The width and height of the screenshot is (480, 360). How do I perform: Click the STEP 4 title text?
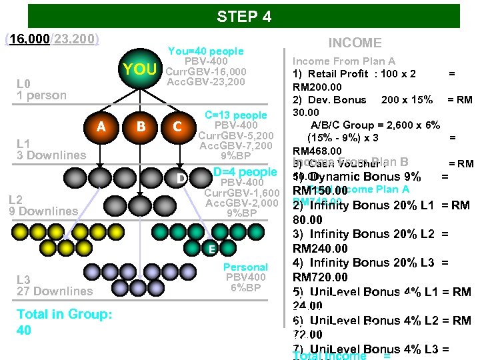coord(244,17)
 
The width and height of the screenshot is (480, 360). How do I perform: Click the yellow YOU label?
coord(140,70)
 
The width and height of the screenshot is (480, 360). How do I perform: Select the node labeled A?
coord(100,127)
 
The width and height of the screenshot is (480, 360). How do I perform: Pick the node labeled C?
coord(177,127)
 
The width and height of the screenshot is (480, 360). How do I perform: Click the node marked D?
coord(180,178)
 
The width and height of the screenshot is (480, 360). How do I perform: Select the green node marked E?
coord(210,249)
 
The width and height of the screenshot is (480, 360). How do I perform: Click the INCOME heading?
coord(355,43)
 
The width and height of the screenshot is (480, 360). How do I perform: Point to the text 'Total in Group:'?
coord(64,314)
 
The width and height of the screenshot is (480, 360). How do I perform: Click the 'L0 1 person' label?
coord(41,89)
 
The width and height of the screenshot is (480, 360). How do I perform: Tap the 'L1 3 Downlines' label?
coord(51,149)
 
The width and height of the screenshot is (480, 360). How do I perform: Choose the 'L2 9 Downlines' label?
coord(43,205)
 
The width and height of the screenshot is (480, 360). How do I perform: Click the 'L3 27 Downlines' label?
coord(54,285)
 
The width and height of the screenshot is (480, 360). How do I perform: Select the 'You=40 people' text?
coord(205,51)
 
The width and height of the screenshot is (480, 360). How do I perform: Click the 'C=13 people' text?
coord(235,115)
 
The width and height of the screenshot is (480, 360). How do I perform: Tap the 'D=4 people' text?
coord(245,172)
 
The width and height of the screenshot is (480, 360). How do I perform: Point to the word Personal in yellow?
coord(245,267)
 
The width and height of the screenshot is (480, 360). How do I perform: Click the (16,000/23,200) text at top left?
coord(52,39)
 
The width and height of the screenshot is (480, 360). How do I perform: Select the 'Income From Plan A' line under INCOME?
coord(344,61)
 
